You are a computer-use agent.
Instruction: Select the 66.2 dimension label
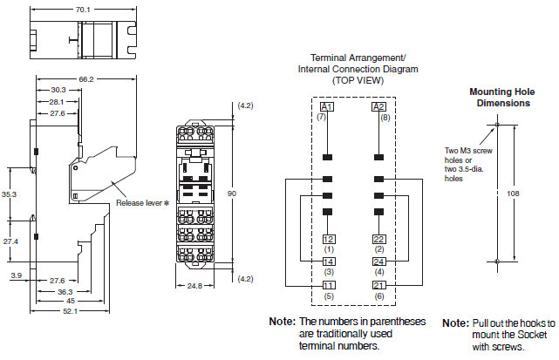pos(85,78)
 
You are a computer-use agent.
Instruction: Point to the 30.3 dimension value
pos(58,90)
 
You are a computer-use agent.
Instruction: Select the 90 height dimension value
pos(232,193)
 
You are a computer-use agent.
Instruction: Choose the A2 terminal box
pos(379,107)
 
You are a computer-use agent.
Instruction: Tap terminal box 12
pos(329,239)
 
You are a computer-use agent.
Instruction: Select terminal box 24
pos(379,262)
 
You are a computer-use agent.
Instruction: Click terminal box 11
pos(329,285)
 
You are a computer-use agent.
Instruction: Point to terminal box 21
pos(379,285)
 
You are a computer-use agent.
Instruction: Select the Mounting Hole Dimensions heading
pos(500,97)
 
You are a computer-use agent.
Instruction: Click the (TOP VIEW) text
pos(358,80)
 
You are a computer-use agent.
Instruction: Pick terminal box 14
pos(329,262)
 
